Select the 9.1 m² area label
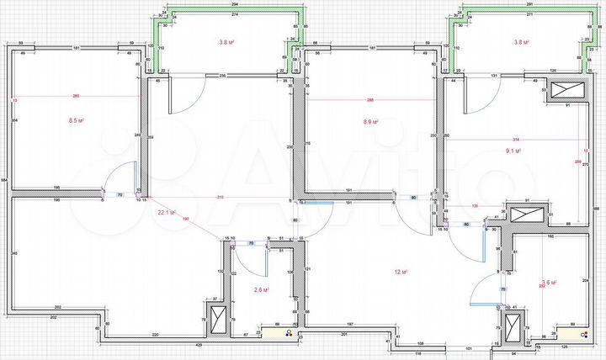[x=513, y=151]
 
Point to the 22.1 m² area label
[x=166, y=213]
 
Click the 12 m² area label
[x=401, y=273]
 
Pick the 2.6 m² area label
[x=261, y=290]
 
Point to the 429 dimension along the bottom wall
[x=199, y=345]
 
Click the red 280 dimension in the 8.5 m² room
[x=76, y=94]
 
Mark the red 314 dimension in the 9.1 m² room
[x=516, y=139]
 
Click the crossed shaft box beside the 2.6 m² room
[x=217, y=320]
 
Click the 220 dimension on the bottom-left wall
[x=156, y=336]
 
